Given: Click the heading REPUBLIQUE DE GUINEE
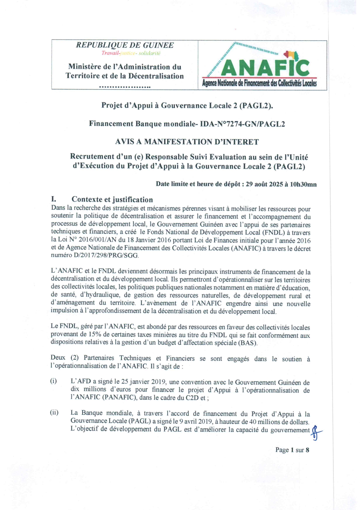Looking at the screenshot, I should pyautogui.click(x=125, y=45).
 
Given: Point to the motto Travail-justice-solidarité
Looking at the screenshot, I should pyautogui.click(x=131, y=53).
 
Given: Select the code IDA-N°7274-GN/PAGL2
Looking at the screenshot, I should pyautogui.click(x=242, y=124).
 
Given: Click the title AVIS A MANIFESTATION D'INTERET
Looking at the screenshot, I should pyautogui.click(x=187, y=142).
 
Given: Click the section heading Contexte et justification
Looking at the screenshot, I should pyautogui.click(x=112, y=200).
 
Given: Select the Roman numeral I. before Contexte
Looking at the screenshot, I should pyautogui.click(x=54, y=200).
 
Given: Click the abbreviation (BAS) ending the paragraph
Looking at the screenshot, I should pyautogui.click(x=248, y=343).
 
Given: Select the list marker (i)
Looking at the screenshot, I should pyautogui.click(x=54, y=381).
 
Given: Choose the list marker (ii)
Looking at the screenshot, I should pyautogui.click(x=54, y=413).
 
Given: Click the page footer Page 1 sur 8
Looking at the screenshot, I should pyautogui.click(x=292, y=450).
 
